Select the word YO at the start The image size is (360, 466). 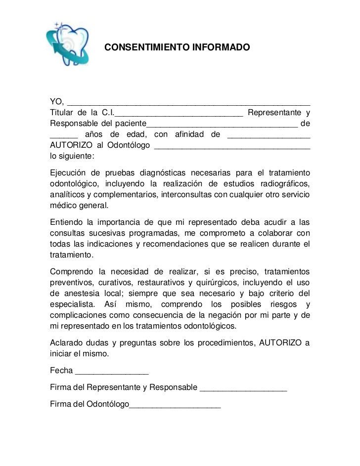point(56,102)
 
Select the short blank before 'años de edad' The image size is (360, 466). point(64,137)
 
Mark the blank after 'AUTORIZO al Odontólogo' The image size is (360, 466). point(232,148)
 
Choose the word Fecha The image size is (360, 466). point(61,371)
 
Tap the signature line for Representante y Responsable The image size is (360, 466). point(243,390)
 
